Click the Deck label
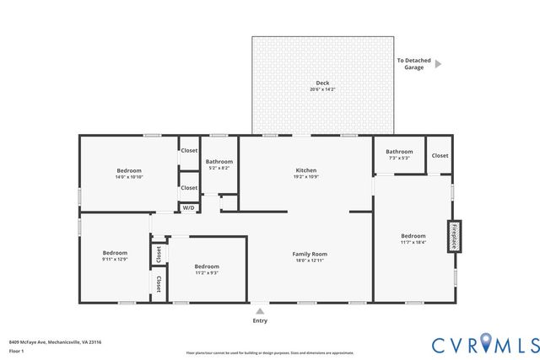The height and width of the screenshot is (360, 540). [x=322, y=83]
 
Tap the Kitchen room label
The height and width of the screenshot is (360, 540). [x=305, y=169]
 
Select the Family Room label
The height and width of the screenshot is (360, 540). [x=310, y=254]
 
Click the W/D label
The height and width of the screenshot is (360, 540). [x=188, y=207]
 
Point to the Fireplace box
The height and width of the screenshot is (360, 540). [x=454, y=236]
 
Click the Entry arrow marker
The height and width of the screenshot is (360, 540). [x=260, y=310]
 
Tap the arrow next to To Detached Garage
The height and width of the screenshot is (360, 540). [x=438, y=63]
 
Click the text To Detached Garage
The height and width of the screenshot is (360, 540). [x=411, y=63]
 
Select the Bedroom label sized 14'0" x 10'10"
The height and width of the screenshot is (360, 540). [x=129, y=170]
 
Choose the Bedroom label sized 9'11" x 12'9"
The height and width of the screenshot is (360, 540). [x=115, y=253]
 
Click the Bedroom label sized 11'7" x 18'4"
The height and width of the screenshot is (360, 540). [x=413, y=236]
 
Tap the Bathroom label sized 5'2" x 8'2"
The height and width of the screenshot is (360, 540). [x=219, y=161]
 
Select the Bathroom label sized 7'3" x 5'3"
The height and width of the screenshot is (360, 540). [x=398, y=152]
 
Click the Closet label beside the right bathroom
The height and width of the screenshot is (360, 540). [x=440, y=155]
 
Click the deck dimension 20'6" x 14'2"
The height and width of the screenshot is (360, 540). [x=322, y=89]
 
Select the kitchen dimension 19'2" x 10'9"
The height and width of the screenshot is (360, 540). [x=305, y=176]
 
